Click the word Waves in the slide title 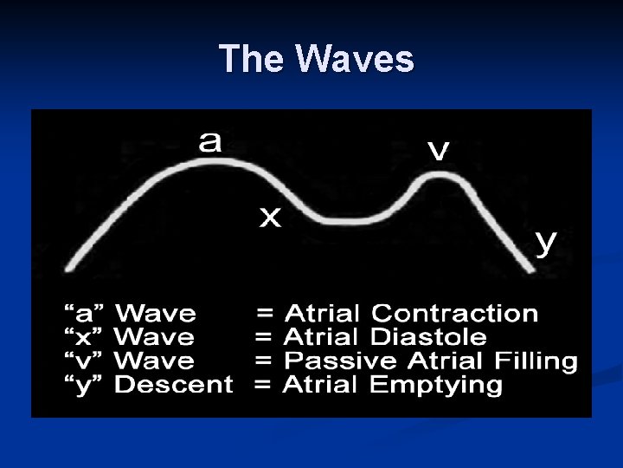(x=354, y=60)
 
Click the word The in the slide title (x=252, y=60)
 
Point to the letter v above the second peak (x=440, y=152)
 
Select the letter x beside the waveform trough (x=271, y=218)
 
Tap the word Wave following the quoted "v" (x=156, y=361)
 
